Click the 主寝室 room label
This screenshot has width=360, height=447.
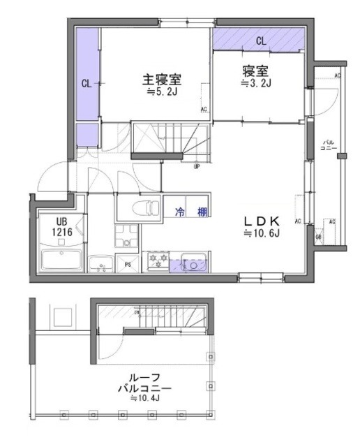tap(161, 79)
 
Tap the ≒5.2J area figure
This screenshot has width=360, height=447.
tap(161, 91)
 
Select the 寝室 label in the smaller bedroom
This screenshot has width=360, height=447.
tap(255, 72)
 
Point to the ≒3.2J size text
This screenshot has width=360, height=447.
tap(256, 84)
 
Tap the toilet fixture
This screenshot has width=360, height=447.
tap(137, 207)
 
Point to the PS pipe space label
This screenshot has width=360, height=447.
tap(128, 265)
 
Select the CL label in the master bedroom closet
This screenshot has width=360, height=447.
tap(87, 84)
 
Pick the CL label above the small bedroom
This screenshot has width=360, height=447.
tap(260, 41)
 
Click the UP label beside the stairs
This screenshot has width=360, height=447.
tap(197, 167)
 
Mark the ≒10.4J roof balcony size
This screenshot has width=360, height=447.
tap(144, 398)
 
